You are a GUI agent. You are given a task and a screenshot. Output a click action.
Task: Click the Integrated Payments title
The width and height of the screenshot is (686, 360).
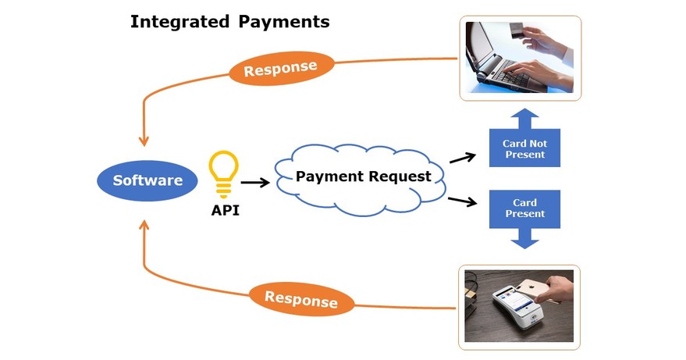[229, 22]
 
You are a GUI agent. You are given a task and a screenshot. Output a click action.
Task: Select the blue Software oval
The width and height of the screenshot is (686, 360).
[148, 181]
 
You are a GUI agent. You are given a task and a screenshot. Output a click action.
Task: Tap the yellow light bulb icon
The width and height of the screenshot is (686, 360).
[224, 173]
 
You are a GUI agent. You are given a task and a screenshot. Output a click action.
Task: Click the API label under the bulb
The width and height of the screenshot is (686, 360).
[225, 210]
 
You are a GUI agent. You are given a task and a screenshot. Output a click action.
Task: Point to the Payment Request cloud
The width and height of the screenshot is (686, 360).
[363, 177]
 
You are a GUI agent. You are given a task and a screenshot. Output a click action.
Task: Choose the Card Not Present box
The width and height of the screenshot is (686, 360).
[524, 148]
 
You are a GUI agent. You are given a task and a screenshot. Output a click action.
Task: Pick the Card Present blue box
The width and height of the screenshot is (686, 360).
[524, 209]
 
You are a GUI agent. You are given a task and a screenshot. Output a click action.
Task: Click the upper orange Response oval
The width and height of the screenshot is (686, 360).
[281, 70]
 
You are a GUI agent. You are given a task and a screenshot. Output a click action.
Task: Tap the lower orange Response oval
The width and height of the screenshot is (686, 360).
[301, 299]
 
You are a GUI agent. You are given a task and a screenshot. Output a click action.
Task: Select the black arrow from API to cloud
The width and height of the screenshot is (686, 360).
[255, 183]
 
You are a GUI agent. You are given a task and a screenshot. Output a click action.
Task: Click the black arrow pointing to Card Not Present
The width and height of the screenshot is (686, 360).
[463, 158]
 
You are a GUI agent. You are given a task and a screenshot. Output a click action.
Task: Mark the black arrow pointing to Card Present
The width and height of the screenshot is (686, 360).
[463, 201]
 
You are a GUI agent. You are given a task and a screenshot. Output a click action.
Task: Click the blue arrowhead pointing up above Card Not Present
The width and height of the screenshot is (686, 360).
[524, 118]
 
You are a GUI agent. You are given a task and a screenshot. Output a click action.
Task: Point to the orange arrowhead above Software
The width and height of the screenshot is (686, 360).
[144, 140]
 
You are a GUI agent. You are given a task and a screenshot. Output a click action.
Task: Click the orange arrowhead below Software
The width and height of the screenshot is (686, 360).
[144, 225]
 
